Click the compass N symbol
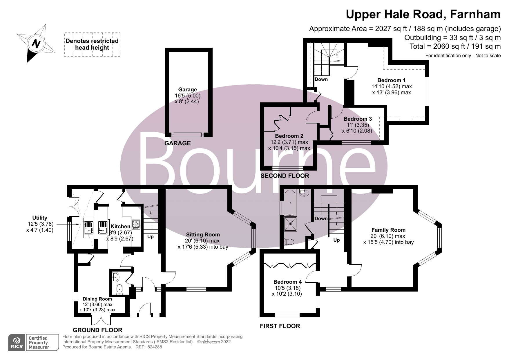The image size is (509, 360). (36, 44)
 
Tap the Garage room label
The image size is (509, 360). (187, 90)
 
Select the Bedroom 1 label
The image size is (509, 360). (391, 80)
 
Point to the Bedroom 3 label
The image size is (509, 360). (357, 119)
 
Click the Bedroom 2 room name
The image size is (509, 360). (289, 136)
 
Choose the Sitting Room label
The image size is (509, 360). (203, 234)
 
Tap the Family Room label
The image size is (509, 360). (388, 230)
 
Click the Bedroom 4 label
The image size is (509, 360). (287, 282)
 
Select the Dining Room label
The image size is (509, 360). (97, 299)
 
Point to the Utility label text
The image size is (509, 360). (40, 218)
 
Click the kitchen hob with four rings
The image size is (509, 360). (136, 224)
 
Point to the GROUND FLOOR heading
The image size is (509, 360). (97, 330)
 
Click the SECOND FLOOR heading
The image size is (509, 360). (285, 176)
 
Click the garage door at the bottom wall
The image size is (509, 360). (187, 135)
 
